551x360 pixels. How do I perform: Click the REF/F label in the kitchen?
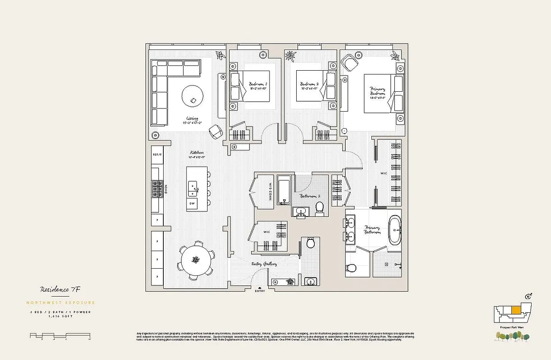pyautogui.click(x=157, y=154)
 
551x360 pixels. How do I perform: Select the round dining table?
pyautogui.click(x=196, y=260)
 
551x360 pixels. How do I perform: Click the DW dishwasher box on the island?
pyautogui.click(x=192, y=204)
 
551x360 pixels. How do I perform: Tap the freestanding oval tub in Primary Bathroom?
pyautogui.click(x=394, y=230)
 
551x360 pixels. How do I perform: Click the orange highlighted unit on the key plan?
pyautogui.click(x=516, y=310)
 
